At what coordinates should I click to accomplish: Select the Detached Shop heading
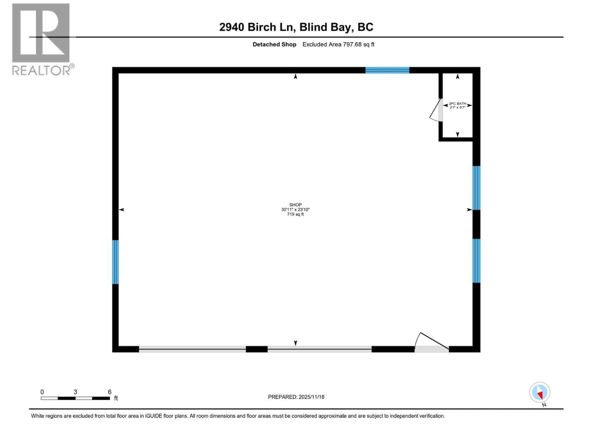click(x=274, y=44)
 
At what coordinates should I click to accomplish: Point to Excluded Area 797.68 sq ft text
click(x=338, y=44)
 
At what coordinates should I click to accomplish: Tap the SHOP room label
click(x=295, y=205)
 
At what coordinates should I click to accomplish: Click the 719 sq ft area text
click(x=295, y=214)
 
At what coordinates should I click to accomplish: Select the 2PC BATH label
click(x=457, y=104)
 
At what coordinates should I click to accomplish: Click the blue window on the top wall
click(x=387, y=70)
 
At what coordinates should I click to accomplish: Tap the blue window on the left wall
click(x=115, y=262)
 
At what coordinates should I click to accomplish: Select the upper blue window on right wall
click(x=476, y=188)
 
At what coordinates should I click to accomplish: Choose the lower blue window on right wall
click(x=476, y=260)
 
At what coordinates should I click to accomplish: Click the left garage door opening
click(x=192, y=349)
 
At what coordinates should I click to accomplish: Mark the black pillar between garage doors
click(x=256, y=349)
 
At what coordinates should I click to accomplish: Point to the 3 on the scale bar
click(x=75, y=392)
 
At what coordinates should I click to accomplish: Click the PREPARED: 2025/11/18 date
click(x=296, y=397)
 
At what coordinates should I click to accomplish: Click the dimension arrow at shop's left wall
click(x=122, y=210)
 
